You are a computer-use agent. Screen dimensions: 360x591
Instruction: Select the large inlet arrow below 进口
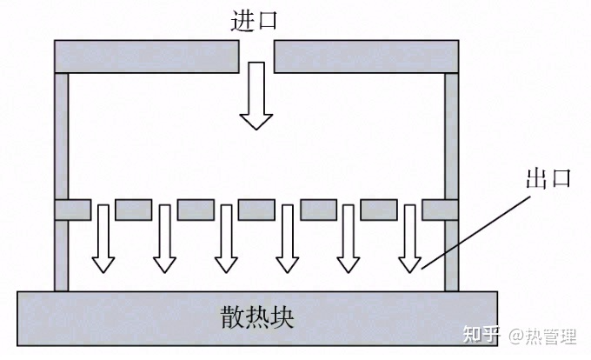[256, 97]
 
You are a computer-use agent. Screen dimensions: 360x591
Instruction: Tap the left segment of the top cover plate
[147, 56]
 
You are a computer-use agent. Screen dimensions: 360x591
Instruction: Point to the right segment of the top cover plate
[367, 56]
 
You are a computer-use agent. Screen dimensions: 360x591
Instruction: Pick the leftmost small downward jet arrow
[104, 238]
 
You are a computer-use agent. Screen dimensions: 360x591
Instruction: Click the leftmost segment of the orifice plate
[72, 210]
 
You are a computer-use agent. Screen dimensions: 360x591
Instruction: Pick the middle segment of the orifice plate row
[256, 210]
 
